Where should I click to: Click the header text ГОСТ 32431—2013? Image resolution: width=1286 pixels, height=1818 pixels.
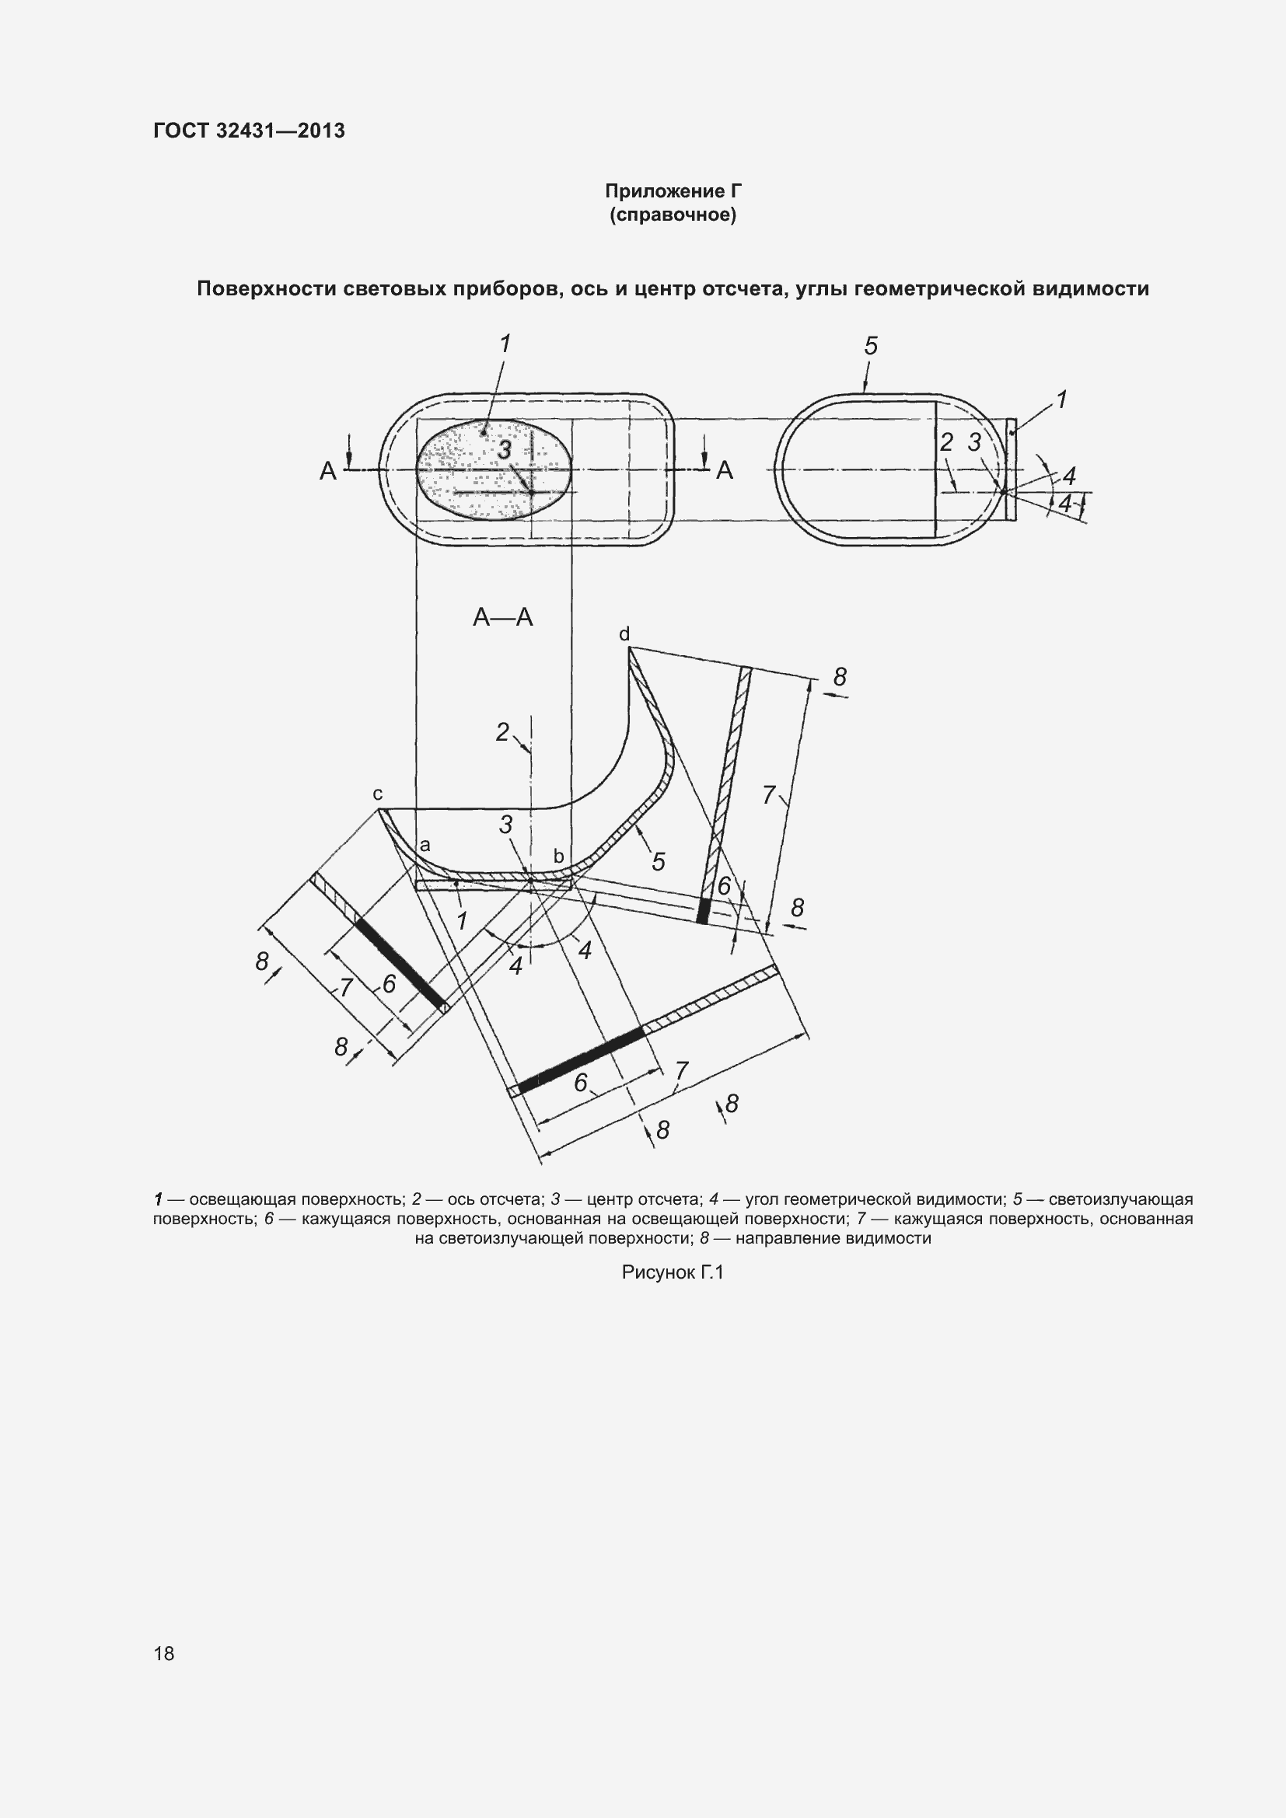[250, 131]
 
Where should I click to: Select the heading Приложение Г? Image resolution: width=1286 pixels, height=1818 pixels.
[674, 191]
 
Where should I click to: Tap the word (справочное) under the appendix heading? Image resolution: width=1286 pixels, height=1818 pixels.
[673, 215]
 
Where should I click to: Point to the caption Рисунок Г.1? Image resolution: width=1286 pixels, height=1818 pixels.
[673, 1272]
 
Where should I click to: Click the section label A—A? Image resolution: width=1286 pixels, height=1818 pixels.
[503, 618]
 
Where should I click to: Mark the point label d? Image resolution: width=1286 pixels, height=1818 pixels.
[624, 634]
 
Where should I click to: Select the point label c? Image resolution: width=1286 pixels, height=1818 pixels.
[378, 794]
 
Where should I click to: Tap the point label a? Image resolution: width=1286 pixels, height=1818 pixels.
[425, 846]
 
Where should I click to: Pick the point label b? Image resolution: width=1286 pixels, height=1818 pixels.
[558, 856]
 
